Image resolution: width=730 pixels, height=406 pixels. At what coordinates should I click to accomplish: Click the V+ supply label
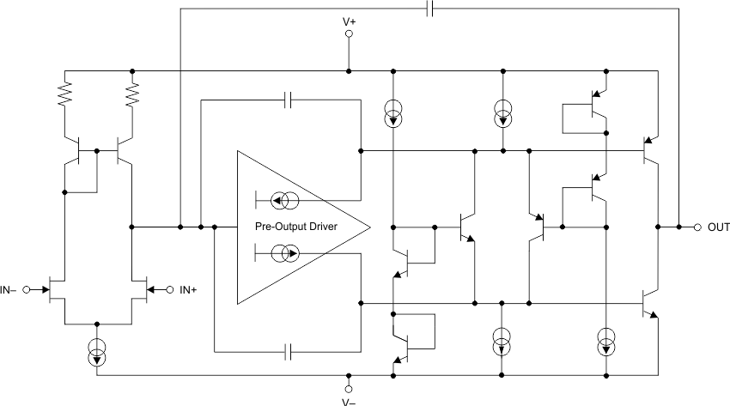click(x=349, y=20)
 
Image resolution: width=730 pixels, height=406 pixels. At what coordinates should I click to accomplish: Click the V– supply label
click(x=349, y=399)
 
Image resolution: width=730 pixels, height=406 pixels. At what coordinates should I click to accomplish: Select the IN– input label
click(x=11, y=289)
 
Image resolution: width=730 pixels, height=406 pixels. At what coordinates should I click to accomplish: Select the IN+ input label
click(x=189, y=289)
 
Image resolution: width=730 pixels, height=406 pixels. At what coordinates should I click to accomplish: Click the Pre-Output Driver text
click(x=295, y=227)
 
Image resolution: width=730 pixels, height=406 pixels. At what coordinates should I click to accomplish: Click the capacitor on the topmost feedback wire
click(x=430, y=9)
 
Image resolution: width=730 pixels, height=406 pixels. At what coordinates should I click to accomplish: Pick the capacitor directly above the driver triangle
click(x=290, y=100)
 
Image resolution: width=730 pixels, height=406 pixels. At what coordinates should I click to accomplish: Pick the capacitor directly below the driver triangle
click(x=290, y=351)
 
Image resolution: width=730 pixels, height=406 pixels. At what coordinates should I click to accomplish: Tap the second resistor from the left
click(x=132, y=94)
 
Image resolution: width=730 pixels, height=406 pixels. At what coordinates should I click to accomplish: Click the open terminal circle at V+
click(x=349, y=34)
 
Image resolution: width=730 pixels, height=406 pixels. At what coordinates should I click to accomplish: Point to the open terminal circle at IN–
click(x=26, y=289)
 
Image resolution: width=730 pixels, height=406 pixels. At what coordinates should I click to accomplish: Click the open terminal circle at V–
click(x=349, y=385)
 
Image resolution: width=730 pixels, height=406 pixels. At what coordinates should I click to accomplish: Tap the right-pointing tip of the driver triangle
click(x=369, y=227)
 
